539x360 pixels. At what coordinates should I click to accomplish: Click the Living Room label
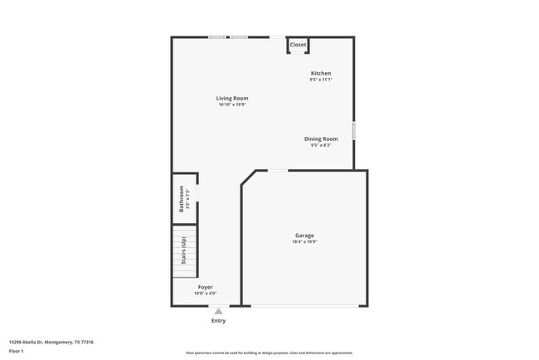pos(233,99)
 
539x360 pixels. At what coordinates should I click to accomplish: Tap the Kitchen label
pos(321,73)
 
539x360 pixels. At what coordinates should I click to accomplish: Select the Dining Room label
pos(321,139)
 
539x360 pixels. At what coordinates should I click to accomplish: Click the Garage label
pos(304,236)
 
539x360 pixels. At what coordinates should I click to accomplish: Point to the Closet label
pos(298,45)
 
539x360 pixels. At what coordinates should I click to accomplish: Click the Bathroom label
pos(182,198)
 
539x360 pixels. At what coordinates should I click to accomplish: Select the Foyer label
pos(205,287)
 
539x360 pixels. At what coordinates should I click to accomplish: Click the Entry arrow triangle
pos(218,312)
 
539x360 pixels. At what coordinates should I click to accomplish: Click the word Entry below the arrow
pos(218,321)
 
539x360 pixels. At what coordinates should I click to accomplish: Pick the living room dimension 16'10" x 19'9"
pos(233,105)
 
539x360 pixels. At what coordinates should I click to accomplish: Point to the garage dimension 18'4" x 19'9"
pos(304,242)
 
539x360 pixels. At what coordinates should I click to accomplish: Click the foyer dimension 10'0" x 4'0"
pos(205,294)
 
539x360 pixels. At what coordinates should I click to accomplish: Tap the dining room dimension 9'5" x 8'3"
pos(321,145)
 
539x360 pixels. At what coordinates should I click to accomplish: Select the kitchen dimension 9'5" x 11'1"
pos(321,80)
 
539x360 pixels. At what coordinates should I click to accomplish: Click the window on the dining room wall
pos(354,131)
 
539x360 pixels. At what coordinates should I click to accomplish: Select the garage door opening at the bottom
pos(305,306)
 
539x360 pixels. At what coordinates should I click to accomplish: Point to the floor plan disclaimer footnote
pos(269,353)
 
